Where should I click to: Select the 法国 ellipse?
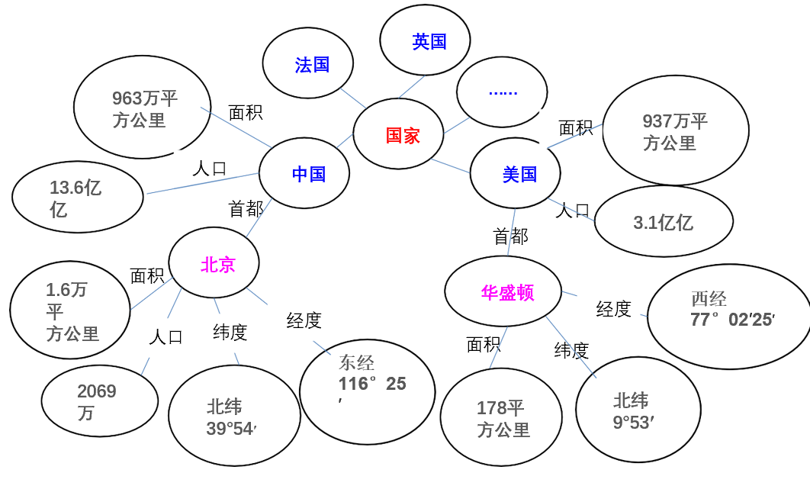308,64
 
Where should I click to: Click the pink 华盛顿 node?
503,291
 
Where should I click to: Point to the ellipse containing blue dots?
501,92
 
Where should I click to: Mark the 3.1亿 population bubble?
664,222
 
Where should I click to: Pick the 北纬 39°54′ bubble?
234,416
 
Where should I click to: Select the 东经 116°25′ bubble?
368,392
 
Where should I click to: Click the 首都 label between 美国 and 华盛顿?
511,236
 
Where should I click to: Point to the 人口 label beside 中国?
210,168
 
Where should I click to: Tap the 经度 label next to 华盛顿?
614,308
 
